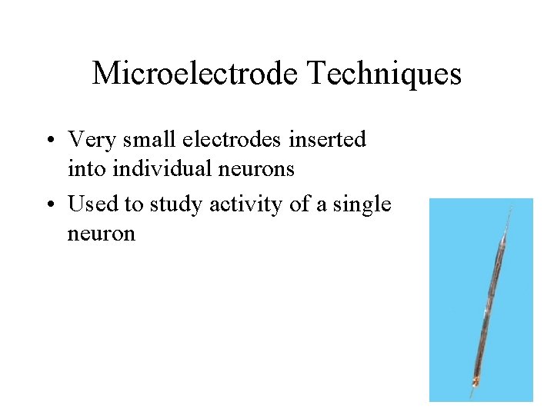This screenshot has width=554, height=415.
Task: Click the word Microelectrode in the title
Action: pos(195,74)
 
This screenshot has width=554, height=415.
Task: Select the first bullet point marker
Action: pos(50,141)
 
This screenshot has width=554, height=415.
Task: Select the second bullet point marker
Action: pos(50,205)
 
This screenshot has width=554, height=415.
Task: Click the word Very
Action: pos(88,140)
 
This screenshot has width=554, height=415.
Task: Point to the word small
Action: pos(142,140)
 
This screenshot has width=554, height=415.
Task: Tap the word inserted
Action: pos(327,140)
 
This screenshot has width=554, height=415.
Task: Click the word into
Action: pos(85,168)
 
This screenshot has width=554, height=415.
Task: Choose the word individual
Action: pos(154,168)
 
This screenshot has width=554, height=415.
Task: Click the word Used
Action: pos(91,204)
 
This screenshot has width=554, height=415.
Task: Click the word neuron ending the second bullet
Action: pos(101,234)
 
